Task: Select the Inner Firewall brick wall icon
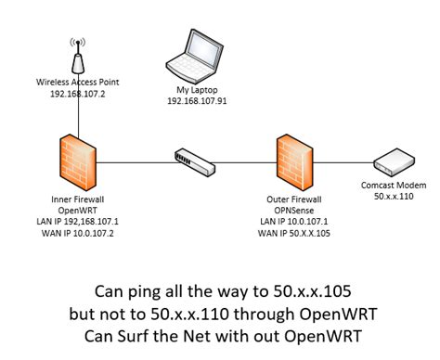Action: coord(78,161)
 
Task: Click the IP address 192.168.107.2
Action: coord(78,93)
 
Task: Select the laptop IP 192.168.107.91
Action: coord(197,100)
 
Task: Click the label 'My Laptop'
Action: coord(197,90)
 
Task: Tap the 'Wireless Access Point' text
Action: coord(78,83)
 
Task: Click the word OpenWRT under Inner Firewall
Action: coord(78,211)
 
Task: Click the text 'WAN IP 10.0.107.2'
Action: coord(78,233)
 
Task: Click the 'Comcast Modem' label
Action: coord(391,186)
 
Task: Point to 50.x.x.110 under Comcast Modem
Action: coord(391,198)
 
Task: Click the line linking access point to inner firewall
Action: coord(78,116)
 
